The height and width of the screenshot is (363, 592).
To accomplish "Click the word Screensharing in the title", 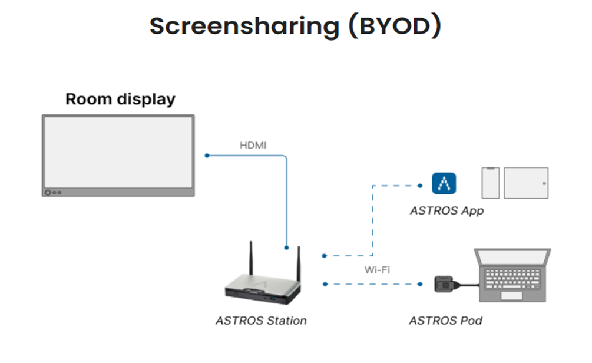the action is tap(244, 27).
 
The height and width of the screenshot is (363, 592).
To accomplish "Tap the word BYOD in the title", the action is tap(395, 26).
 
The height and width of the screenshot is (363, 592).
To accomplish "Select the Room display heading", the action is tap(120, 100).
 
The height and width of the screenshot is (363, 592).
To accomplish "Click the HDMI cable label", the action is tap(253, 146).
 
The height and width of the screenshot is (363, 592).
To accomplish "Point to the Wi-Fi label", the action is tap(377, 270).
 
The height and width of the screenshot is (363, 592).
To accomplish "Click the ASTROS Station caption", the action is tap(262, 321).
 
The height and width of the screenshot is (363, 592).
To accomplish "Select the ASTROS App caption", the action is tap(447, 211).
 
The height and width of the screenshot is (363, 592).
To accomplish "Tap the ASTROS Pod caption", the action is tap(445, 321).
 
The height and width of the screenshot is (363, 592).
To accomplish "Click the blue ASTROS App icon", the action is tap(444, 184).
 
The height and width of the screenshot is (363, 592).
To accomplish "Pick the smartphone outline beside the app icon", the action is tap(491, 183).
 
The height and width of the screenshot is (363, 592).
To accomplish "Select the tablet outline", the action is tap(526, 183).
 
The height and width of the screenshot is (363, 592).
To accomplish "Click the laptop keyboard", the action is tap(512, 279).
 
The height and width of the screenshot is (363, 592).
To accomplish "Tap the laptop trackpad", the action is tap(511, 295).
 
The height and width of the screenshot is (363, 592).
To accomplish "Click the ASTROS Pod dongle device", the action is tap(445, 284).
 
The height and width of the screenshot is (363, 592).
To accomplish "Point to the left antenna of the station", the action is tap(251, 258).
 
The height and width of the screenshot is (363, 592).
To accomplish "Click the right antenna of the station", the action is tap(299, 264).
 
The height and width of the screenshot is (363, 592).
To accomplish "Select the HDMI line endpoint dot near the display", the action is tap(207, 156).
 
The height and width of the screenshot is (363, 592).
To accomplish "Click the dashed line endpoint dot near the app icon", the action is tap(420, 186).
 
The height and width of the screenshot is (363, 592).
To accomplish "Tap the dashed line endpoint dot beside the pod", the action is tap(420, 284).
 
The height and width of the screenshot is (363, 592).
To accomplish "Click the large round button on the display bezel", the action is tap(48, 193).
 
